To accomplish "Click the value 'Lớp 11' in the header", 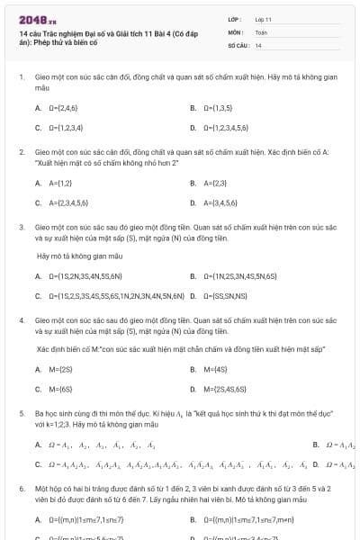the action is (x=263, y=18).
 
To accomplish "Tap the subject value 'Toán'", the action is (x=261, y=31).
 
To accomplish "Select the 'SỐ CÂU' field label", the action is (x=238, y=44).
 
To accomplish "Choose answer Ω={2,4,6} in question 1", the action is (x=63, y=108).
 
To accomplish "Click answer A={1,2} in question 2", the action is (x=59, y=183).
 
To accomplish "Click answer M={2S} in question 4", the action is (x=59, y=369).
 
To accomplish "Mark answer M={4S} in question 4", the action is (x=214, y=369).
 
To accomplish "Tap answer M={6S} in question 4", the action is (x=59, y=389).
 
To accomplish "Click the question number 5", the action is (x=22, y=412).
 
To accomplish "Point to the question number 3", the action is (x=22, y=228).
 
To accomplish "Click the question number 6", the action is (x=22, y=487).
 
